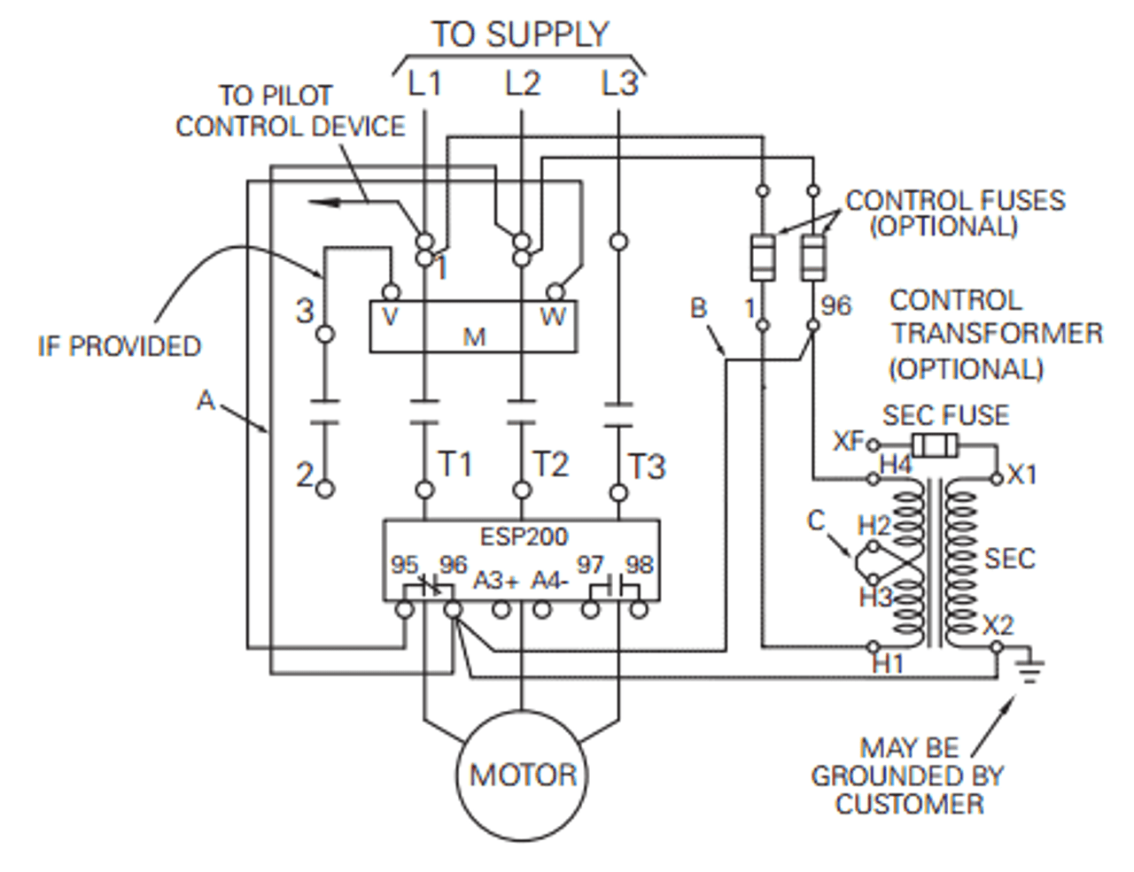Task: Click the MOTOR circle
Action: (x=523, y=775)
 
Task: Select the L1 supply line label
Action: (x=424, y=83)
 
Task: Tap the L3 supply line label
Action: (x=618, y=83)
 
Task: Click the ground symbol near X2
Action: (x=1029, y=668)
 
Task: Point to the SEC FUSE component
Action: (x=935, y=445)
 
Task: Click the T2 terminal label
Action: (x=550, y=464)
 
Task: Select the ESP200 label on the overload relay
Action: (x=524, y=536)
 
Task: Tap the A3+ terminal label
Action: (x=495, y=581)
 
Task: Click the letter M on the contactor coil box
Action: (x=475, y=337)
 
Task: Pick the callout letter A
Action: (x=206, y=401)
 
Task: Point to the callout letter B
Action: (x=699, y=308)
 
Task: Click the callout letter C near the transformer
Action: (x=817, y=521)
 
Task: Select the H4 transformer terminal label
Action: (x=895, y=464)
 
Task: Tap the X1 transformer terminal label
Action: (x=1021, y=475)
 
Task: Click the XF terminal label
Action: (x=848, y=441)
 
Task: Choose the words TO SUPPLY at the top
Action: (x=520, y=35)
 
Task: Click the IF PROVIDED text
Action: (x=120, y=346)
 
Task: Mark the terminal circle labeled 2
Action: (x=325, y=489)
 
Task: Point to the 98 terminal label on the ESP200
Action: (x=639, y=565)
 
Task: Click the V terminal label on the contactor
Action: (x=389, y=316)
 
